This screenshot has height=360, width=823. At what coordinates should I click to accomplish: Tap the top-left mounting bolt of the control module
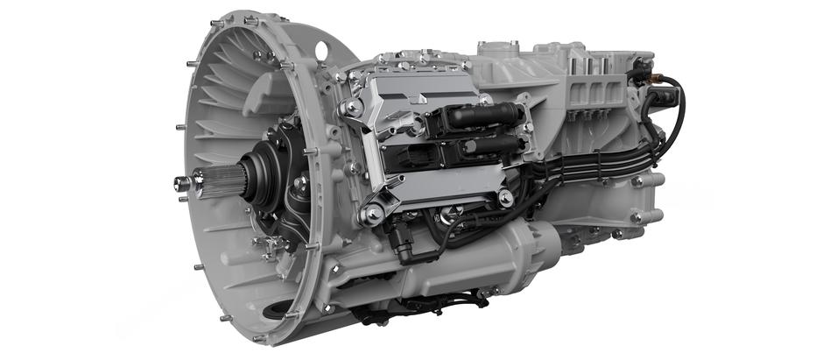[x=350, y=108]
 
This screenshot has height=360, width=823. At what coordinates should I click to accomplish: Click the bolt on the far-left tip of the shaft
[x=182, y=183]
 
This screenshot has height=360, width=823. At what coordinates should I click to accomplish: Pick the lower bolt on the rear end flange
[x=635, y=215]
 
